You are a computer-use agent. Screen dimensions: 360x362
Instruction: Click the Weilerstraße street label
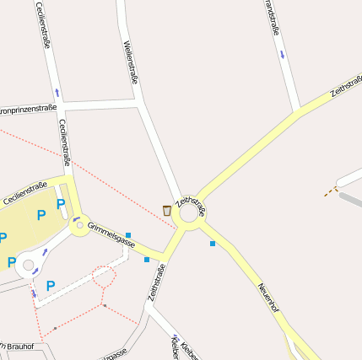130,62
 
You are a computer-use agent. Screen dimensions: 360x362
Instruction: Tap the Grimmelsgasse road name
111,235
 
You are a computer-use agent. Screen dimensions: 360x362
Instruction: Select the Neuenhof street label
269,298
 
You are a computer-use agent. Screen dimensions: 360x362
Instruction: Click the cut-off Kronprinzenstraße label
27,109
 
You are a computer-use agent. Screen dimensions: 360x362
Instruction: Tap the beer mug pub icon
167,210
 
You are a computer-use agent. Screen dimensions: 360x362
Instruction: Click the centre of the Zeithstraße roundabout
188,213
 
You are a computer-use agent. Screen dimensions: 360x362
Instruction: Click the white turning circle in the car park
28,266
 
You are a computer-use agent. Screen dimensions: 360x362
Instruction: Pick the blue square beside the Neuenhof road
213,244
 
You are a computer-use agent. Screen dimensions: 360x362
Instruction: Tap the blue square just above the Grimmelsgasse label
128,234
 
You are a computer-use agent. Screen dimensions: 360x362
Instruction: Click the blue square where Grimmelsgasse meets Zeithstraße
147,259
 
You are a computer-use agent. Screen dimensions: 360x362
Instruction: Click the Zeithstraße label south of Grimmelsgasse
155,282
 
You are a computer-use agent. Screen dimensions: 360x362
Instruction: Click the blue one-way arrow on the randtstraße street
282,54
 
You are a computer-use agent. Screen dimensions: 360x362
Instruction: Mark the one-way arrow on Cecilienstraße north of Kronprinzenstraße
57,91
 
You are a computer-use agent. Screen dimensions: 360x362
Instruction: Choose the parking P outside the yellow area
50,287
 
